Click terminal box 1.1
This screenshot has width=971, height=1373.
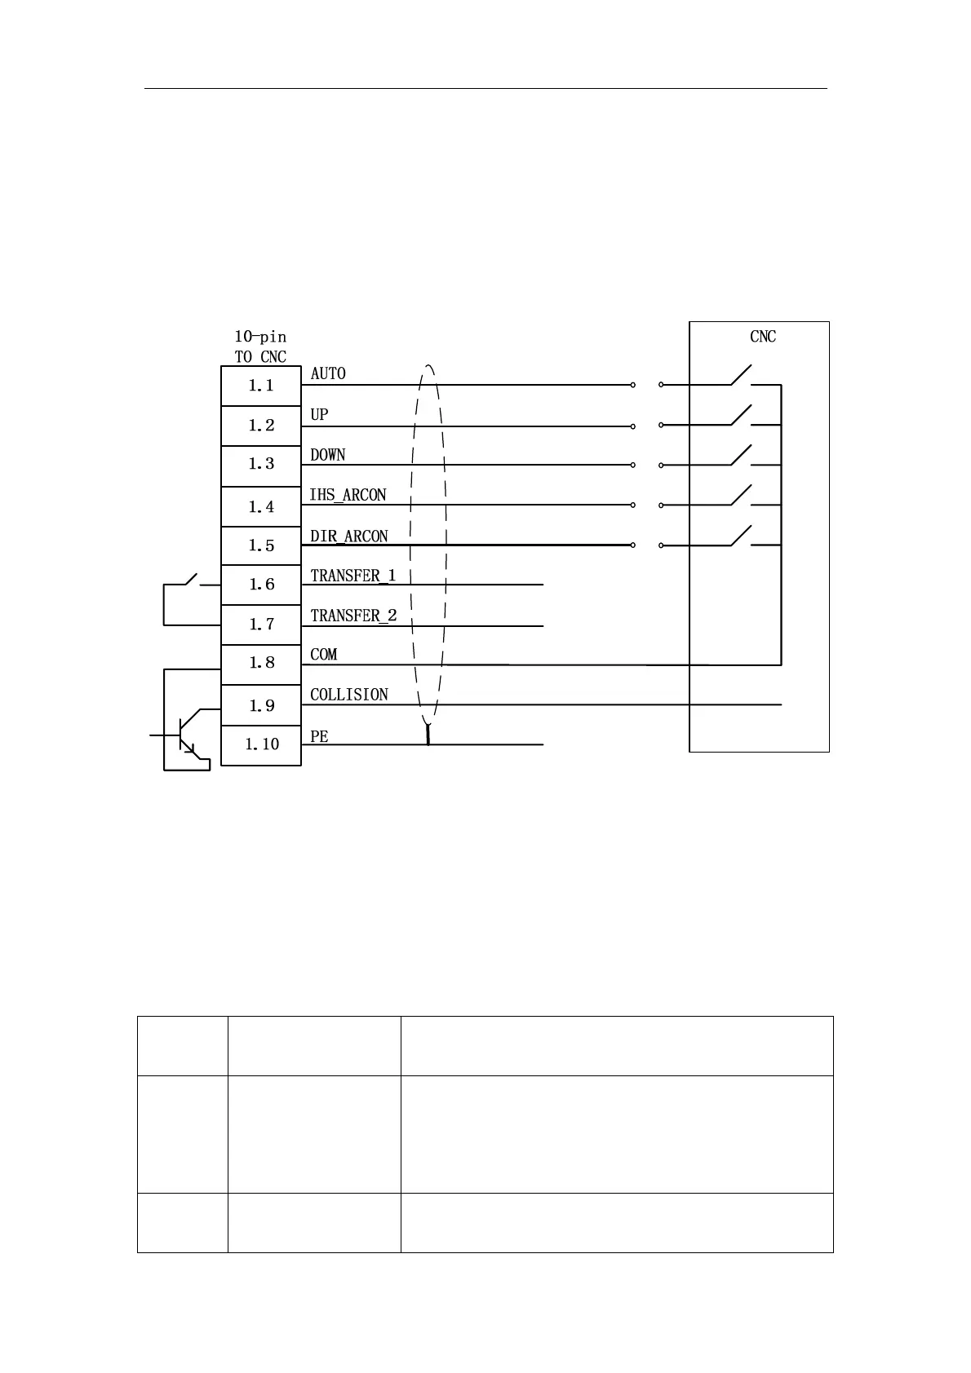click(x=261, y=386)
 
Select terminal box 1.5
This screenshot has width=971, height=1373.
click(x=261, y=545)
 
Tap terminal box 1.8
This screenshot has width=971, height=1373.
click(x=261, y=663)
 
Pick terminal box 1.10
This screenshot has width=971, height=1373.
click(x=261, y=744)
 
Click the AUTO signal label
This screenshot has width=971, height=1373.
click(x=328, y=373)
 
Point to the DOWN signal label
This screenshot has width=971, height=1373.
click(x=328, y=454)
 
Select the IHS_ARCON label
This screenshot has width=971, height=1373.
click(x=348, y=495)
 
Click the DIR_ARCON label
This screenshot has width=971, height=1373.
click(x=349, y=536)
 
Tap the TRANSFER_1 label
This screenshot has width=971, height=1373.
click(x=353, y=576)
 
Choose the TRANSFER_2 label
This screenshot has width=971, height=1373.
click(x=353, y=616)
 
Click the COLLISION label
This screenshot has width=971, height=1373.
click(x=349, y=695)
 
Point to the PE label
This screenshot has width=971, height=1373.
click(x=319, y=736)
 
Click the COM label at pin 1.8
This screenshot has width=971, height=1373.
click(x=323, y=655)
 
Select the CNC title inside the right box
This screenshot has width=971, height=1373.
click(x=763, y=337)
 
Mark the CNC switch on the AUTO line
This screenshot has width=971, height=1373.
click(x=741, y=377)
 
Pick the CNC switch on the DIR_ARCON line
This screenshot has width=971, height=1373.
click(x=741, y=536)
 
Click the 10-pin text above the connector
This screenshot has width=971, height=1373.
click(x=260, y=337)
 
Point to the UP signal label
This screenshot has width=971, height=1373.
click(x=319, y=414)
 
